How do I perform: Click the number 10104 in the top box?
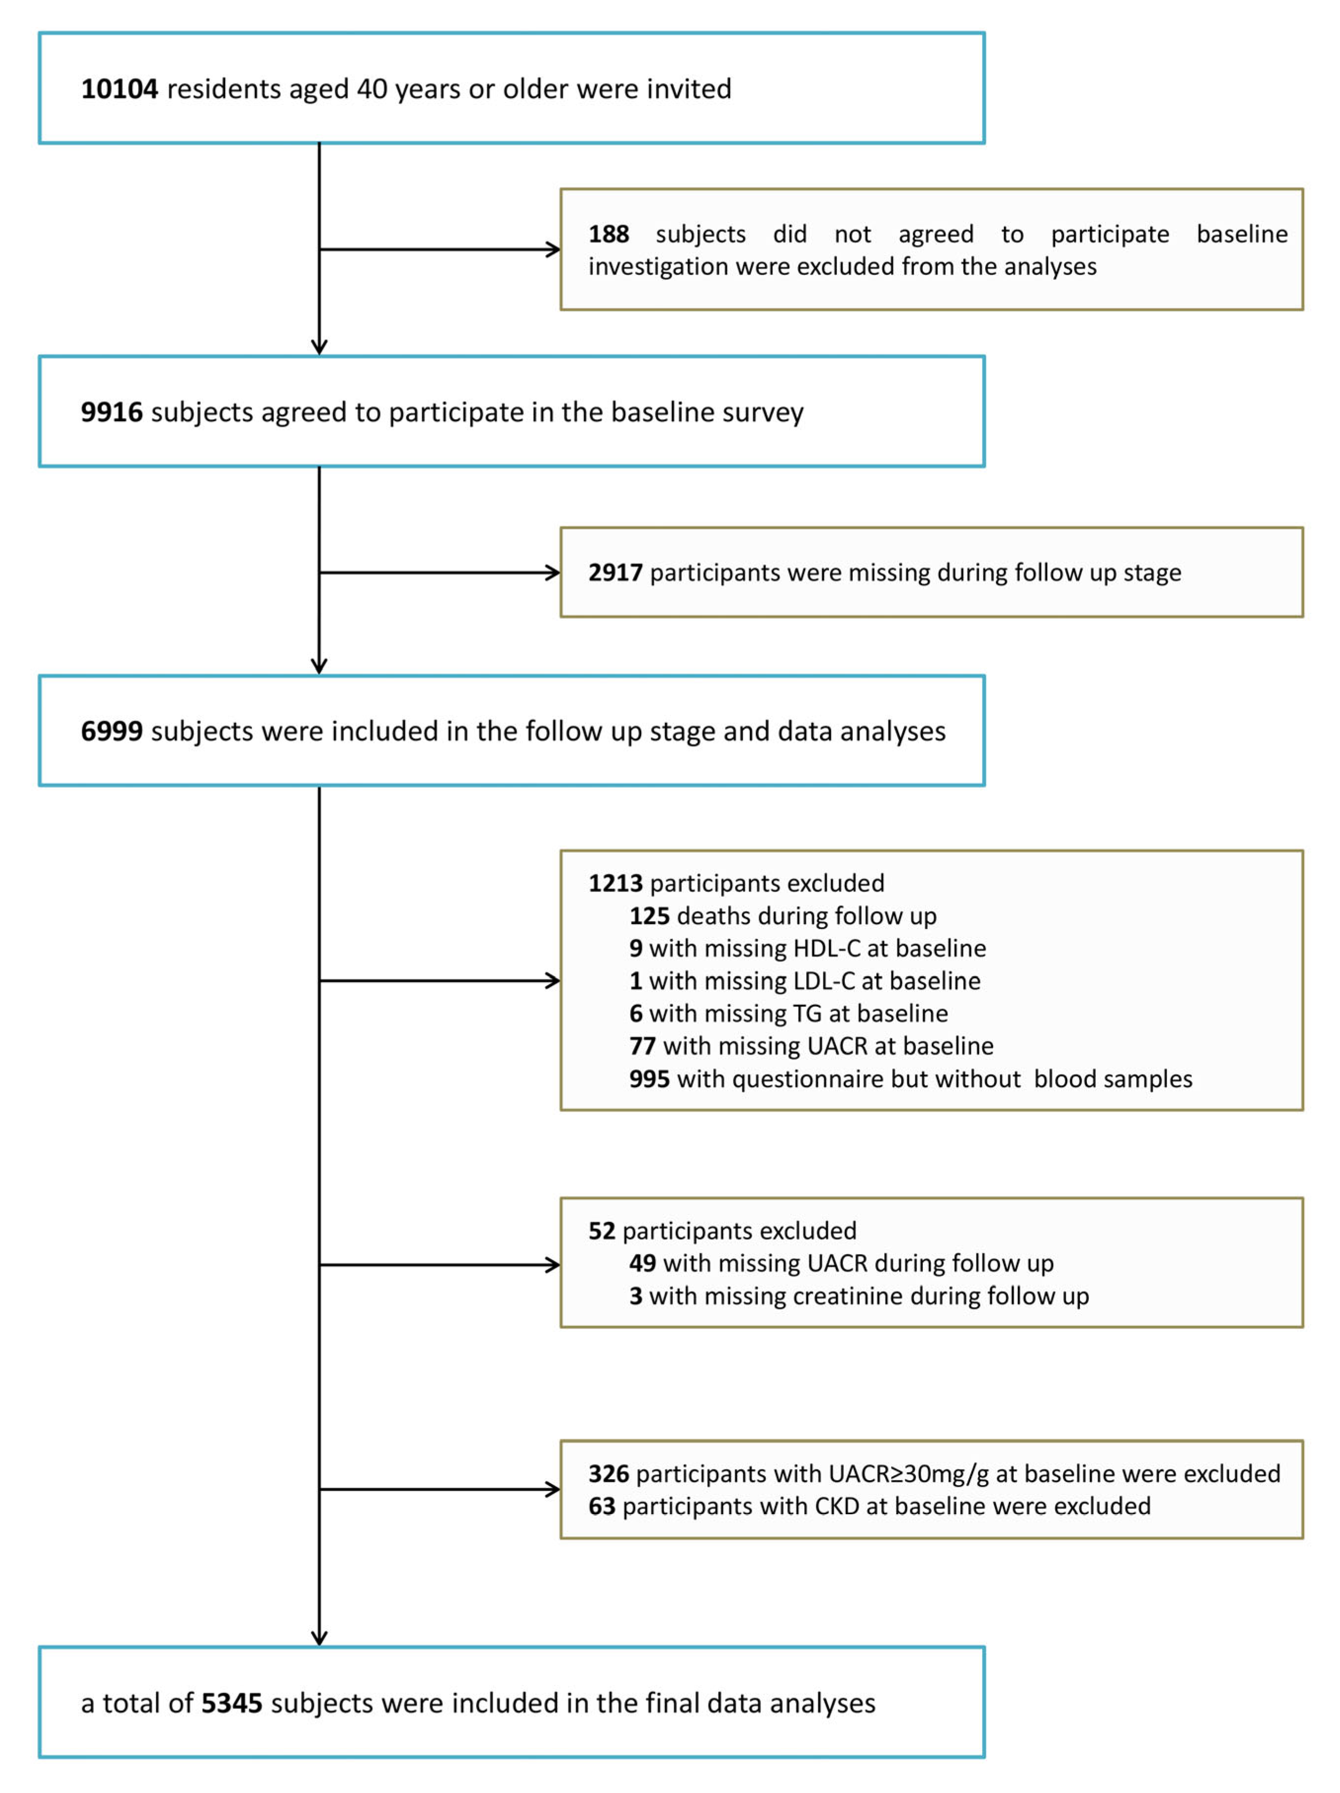point(119,88)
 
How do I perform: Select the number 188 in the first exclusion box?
point(608,234)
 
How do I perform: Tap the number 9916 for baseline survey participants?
point(111,412)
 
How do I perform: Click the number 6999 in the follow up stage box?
point(111,731)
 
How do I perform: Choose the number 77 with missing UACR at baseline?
point(642,1046)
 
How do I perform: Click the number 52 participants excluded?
point(602,1231)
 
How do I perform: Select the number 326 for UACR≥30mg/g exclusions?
point(608,1474)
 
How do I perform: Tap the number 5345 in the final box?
point(231,1703)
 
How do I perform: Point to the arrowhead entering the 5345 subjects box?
point(319,1638)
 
